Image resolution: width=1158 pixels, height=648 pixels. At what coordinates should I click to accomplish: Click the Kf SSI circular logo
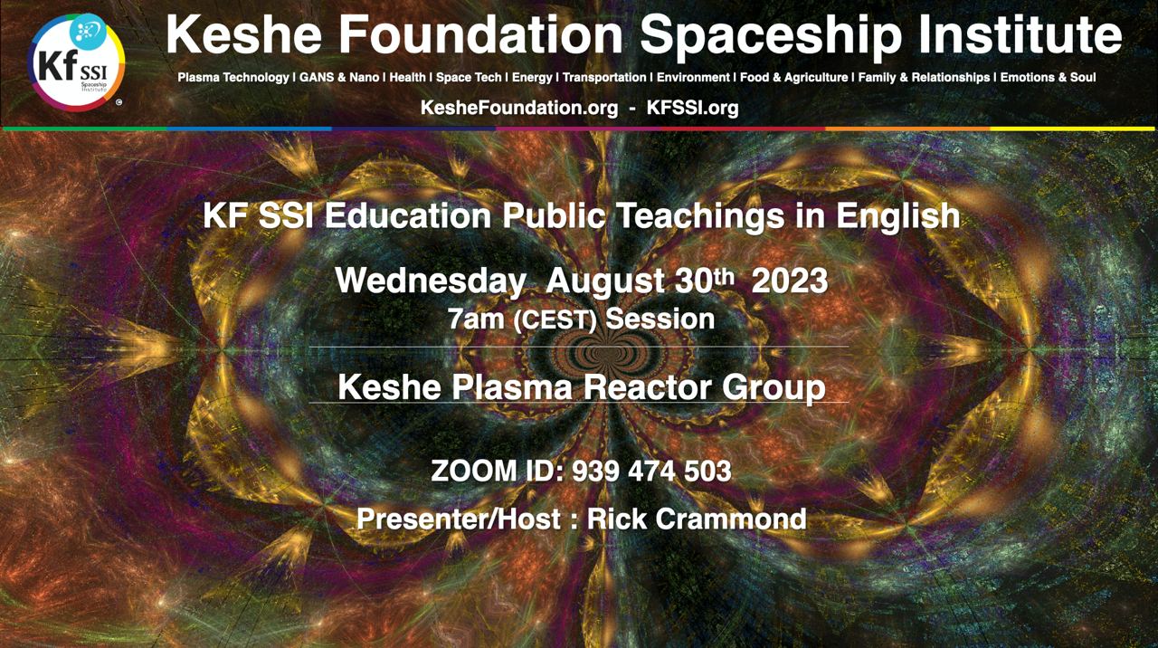click(x=77, y=62)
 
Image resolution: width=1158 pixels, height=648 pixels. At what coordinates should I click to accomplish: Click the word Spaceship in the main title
click(x=773, y=36)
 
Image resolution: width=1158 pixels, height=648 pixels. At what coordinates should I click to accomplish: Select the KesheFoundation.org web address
click(x=519, y=108)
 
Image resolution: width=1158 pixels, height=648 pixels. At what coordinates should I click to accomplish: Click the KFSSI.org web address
click(x=692, y=108)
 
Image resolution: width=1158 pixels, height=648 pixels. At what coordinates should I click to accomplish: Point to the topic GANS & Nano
click(x=339, y=77)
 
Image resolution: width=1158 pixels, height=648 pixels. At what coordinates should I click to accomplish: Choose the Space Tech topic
click(x=469, y=77)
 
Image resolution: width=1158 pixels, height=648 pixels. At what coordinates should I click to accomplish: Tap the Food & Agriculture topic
click(x=794, y=77)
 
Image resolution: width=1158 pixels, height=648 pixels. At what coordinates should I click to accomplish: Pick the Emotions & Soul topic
click(x=1048, y=77)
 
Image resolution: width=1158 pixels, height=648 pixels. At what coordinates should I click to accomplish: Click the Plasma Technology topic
click(x=233, y=78)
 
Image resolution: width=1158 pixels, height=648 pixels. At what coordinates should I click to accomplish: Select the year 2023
click(x=790, y=281)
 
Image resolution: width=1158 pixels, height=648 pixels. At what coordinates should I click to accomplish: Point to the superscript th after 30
click(x=723, y=277)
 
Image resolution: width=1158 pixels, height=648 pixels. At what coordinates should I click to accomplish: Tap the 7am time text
click(x=476, y=319)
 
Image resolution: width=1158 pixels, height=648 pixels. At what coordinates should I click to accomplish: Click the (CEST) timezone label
click(x=555, y=320)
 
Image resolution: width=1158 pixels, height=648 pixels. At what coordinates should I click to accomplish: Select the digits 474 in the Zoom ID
click(x=651, y=472)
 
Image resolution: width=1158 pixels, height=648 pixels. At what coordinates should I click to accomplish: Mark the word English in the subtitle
click(x=898, y=216)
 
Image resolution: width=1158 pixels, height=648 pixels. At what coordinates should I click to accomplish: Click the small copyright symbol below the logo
click(x=119, y=102)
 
